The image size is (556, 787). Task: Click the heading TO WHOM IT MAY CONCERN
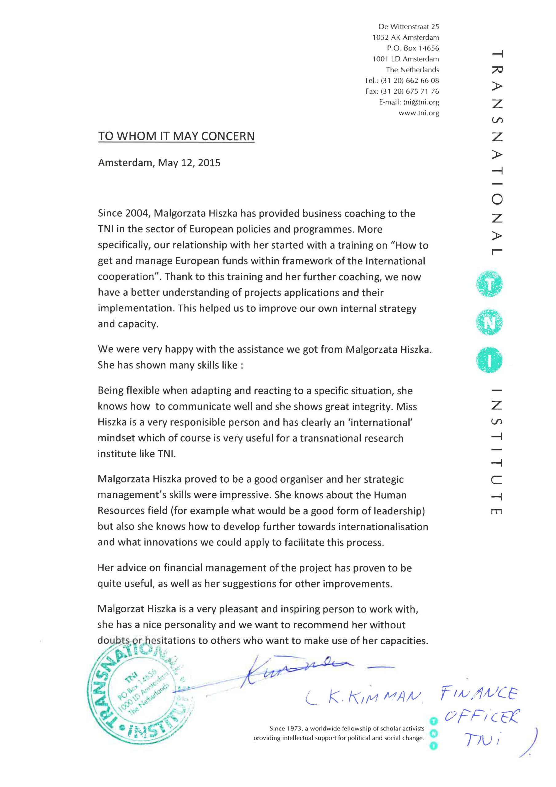[176, 136]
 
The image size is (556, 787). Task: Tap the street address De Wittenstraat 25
[409, 26]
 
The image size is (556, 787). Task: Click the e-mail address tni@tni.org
[421, 102]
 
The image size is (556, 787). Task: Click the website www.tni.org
[419, 113]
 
